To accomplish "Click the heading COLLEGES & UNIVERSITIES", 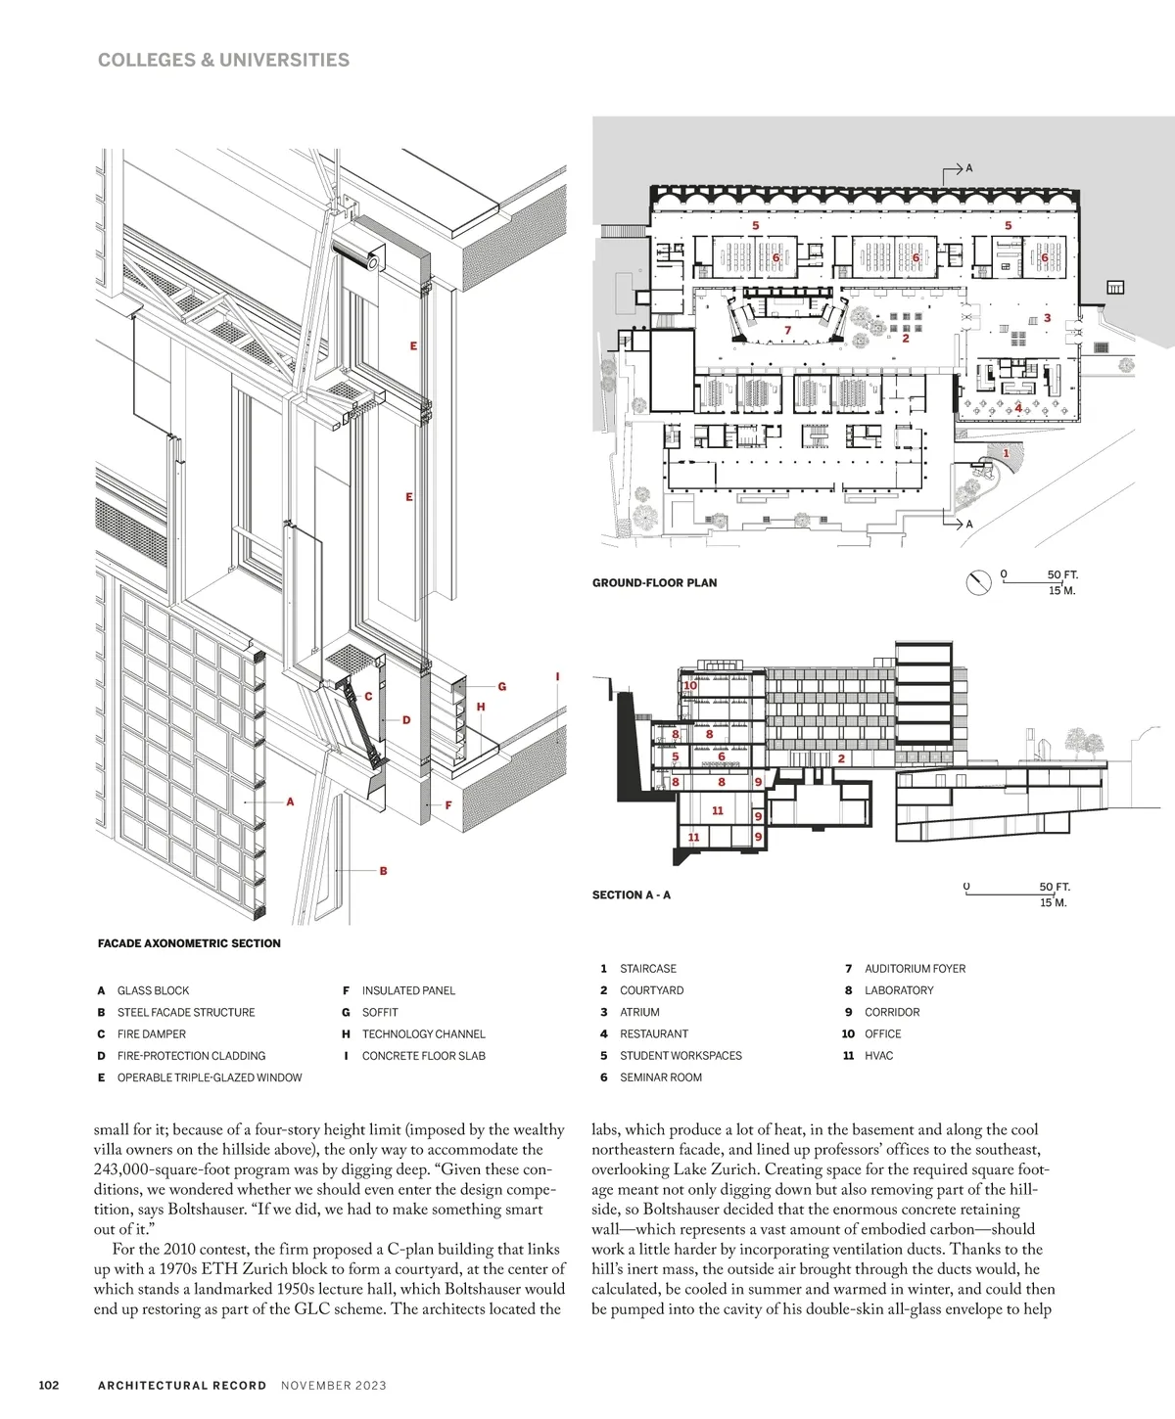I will tap(223, 60).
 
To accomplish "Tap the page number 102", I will tap(49, 1385).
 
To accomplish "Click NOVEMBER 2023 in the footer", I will tap(334, 1385).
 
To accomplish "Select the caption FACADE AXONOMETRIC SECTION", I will tap(189, 943).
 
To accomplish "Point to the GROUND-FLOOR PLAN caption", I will tap(654, 582).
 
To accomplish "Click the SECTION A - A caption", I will tap(632, 894).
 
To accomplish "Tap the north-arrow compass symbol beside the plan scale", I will tap(978, 582).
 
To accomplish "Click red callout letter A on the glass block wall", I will tap(290, 801).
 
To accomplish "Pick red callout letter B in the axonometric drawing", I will tap(383, 870).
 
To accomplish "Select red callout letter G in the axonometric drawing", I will tap(502, 687).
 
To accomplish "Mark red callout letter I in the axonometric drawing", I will tap(557, 676).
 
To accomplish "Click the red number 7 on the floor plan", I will tap(787, 331).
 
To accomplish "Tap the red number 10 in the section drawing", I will tap(690, 685).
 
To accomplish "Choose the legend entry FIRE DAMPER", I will tap(151, 1033).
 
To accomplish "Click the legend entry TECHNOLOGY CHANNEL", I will tap(423, 1033).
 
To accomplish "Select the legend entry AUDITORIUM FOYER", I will tap(915, 969).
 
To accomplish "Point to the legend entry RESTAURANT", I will tap(653, 1033).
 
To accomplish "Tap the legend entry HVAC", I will tap(878, 1055).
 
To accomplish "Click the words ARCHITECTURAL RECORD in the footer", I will tap(182, 1385).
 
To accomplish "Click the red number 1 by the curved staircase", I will tap(1006, 453).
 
